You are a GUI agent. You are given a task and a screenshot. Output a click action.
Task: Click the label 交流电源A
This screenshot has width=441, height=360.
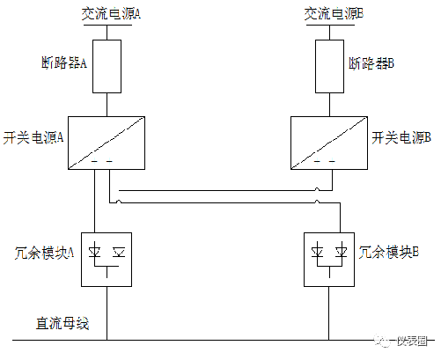tap(111, 13)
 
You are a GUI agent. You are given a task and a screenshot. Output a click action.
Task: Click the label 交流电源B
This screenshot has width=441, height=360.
tap(334, 13)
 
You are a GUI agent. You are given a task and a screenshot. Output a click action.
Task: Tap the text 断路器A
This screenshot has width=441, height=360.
tap(64, 62)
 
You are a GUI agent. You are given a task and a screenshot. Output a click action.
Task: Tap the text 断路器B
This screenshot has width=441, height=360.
tap(371, 63)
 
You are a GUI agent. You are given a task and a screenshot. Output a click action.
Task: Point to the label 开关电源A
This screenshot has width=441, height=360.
tap(33, 137)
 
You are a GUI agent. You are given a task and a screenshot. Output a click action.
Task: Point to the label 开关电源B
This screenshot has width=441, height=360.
tap(401, 137)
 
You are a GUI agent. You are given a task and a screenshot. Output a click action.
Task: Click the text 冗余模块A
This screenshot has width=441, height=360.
tap(44, 253)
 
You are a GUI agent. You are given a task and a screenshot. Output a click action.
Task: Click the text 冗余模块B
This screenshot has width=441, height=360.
tap(389, 252)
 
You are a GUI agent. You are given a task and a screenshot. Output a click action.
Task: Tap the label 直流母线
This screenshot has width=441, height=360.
tap(62, 323)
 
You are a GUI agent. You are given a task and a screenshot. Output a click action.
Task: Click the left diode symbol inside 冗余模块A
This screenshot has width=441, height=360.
tap(94, 253)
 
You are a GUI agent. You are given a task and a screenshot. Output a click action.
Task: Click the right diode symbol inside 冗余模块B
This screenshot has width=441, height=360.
tap(342, 253)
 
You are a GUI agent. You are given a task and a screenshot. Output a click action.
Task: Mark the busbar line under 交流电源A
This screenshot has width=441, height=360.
tap(107, 25)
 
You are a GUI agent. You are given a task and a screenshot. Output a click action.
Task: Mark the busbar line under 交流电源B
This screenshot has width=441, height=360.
tap(330, 25)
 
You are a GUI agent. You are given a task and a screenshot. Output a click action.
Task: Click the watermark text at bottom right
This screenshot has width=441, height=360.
tap(412, 341)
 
